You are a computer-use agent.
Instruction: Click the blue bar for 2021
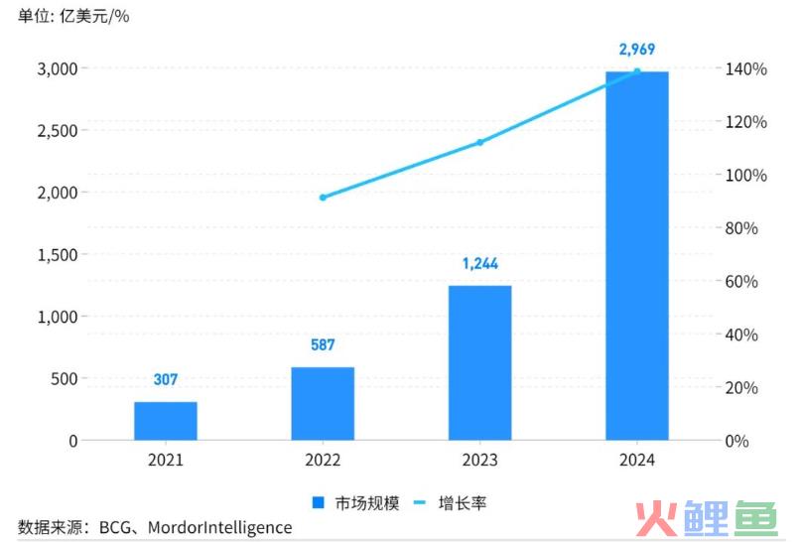pos(166,421)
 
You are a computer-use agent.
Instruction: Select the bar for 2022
pos(323,403)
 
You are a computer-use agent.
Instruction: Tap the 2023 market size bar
pos(479,362)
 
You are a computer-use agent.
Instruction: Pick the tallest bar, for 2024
pos(636,255)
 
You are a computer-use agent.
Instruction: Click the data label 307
pos(166,380)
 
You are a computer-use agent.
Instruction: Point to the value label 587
pos(323,345)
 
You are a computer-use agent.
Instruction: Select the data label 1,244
pos(479,264)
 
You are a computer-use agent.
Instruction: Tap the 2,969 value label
pos(636,49)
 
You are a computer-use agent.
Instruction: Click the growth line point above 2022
pos(323,198)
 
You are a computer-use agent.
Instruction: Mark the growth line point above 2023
pos(479,143)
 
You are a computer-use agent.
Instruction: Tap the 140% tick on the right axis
pos(744,69)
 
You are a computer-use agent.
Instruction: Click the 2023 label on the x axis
pos(479,461)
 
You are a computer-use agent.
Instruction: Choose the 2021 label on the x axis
pos(166,461)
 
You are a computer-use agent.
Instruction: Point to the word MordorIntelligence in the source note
pos(219,527)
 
